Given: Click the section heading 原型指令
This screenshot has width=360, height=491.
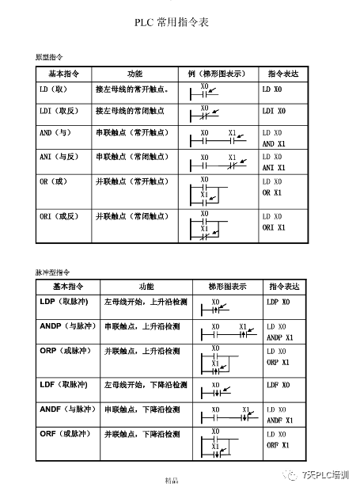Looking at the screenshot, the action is click(x=48, y=58).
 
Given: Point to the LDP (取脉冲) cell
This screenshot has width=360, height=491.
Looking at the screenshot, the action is click(x=63, y=303).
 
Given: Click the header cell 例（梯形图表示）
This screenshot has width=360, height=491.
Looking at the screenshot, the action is click(x=218, y=72).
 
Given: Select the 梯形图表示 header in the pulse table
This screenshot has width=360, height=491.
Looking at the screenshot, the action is click(x=227, y=286).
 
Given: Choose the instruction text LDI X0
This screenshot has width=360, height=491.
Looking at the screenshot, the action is click(x=274, y=112).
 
